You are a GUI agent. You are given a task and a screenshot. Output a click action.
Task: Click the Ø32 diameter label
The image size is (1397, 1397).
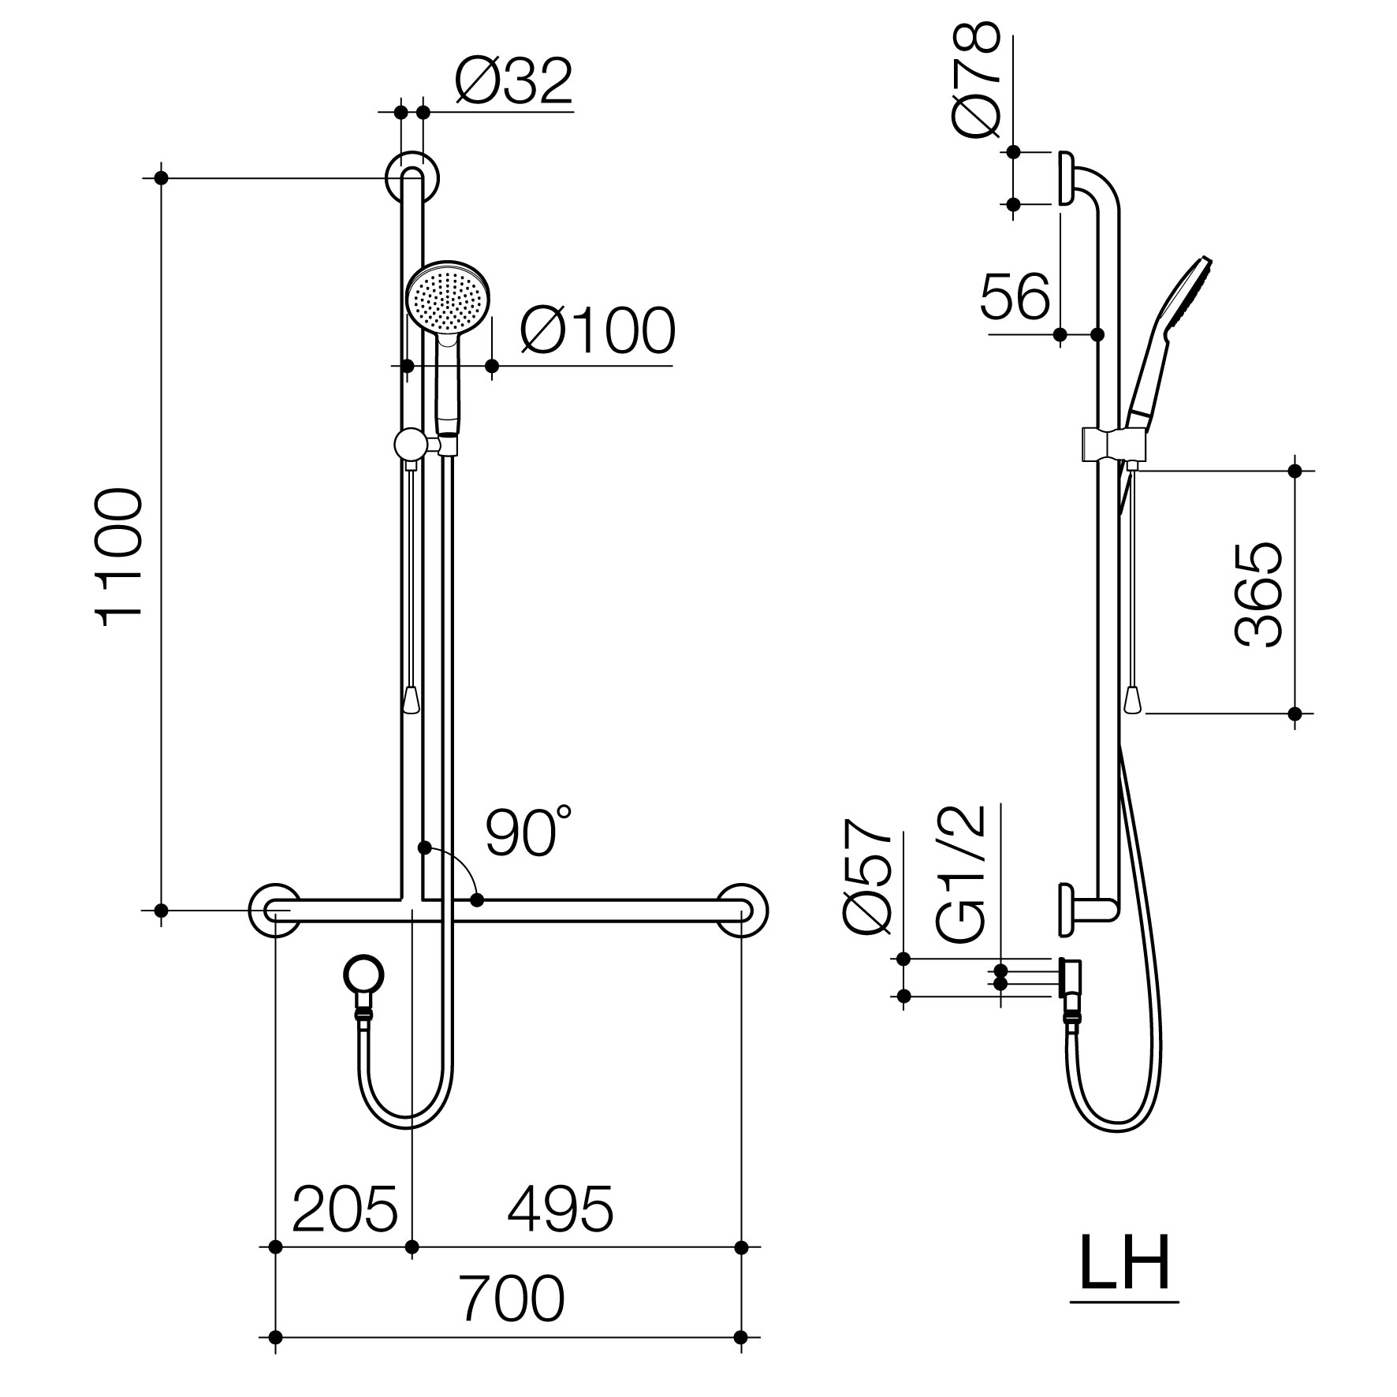(x=513, y=81)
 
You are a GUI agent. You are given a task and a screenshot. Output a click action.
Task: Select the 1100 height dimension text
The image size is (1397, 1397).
(x=119, y=557)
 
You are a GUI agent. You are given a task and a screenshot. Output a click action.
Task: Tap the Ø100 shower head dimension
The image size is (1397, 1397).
(x=597, y=330)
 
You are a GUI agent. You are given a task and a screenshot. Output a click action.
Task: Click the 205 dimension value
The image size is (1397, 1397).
(x=345, y=1209)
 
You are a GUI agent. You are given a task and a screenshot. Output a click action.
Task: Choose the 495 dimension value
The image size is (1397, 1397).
(x=560, y=1209)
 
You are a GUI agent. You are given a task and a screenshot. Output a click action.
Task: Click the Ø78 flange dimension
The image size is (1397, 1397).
(x=976, y=80)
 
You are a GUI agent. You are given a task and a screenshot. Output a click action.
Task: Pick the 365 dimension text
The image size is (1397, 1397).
(x=1257, y=594)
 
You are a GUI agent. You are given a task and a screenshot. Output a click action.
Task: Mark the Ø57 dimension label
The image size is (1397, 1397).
(x=867, y=877)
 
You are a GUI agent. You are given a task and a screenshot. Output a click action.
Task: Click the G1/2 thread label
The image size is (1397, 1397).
(x=963, y=874)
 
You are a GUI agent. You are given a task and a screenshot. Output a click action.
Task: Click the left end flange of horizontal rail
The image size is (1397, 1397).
(x=274, y=910)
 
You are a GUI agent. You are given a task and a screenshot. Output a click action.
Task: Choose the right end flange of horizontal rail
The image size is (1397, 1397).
(x=742, y=910)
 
